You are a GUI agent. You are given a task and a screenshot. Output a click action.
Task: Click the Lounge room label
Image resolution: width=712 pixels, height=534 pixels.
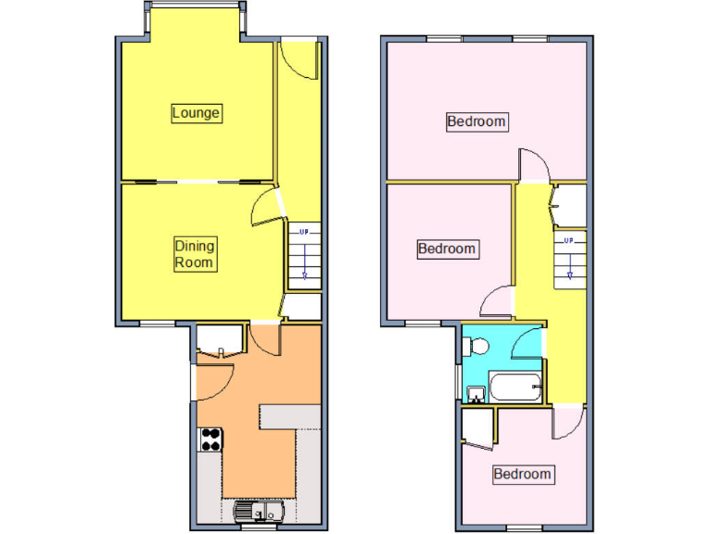click(197, 113)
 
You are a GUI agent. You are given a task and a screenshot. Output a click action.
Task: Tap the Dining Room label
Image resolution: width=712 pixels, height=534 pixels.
click(195, 254)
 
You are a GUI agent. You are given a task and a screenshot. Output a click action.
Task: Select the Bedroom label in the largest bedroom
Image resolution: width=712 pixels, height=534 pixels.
click(477, 121)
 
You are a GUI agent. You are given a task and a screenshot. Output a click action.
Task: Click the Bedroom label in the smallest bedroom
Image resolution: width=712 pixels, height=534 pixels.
click(522, 475)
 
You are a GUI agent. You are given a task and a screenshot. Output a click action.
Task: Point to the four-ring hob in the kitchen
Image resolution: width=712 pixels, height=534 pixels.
click(210, 438)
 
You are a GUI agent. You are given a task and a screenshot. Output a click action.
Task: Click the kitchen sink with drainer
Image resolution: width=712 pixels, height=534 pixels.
click(258, 510)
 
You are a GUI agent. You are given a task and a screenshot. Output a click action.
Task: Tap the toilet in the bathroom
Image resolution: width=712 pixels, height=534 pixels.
click(477, 346)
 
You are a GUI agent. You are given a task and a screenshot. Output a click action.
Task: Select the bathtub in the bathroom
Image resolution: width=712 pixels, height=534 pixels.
click(515, 388)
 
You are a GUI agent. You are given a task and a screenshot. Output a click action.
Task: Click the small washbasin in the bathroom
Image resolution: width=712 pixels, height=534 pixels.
click(475, 396)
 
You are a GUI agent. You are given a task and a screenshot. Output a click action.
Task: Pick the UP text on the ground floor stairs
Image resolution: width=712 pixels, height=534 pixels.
click(303, 231)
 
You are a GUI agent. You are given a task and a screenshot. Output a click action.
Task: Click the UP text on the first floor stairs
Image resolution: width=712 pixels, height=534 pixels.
click(569, 241)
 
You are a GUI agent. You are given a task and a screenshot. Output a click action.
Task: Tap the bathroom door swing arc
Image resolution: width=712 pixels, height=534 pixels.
click(528, 344)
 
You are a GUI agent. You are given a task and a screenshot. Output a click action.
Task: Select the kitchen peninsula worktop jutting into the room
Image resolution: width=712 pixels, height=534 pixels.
click(289, 415)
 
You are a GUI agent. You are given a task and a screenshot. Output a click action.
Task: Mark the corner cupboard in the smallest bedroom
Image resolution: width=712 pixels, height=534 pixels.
click(477, 427)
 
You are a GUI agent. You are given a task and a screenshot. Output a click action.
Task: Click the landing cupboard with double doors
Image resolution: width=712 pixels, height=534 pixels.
click(567, 205)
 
